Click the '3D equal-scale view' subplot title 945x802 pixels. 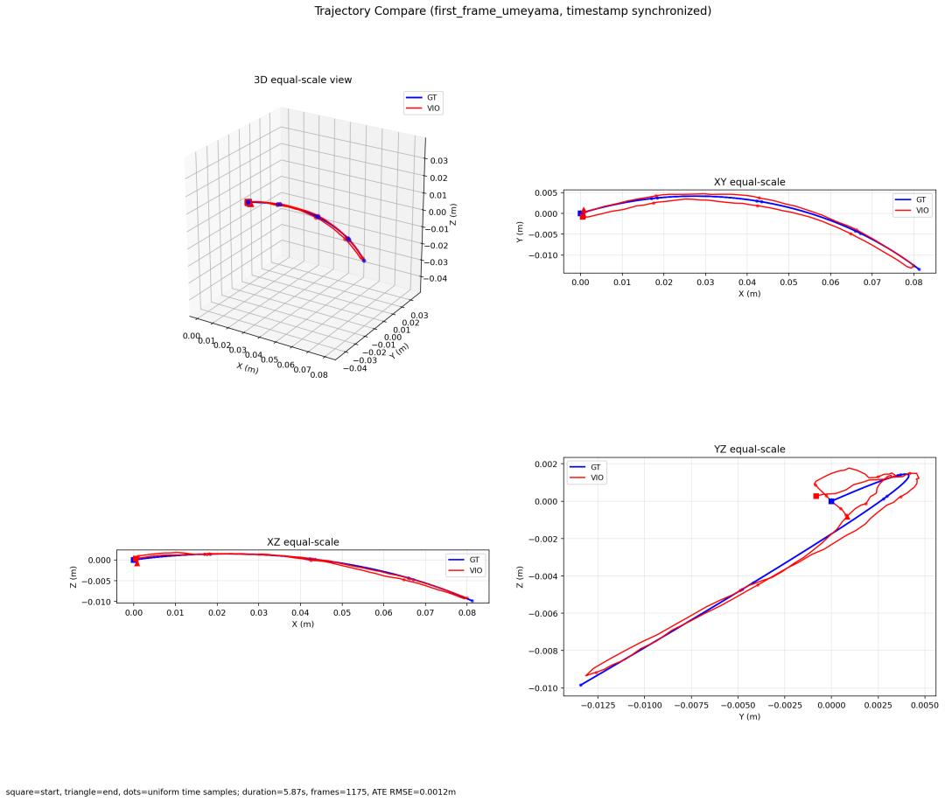pyautogui.click(x=303, y=80)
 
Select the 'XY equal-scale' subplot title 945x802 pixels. pyautogui.click(x=749, y=182)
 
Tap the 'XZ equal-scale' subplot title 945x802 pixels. pyautogui.click(x=303, y=541)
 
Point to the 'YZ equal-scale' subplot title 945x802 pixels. pyautogui.click(x=749, y=449)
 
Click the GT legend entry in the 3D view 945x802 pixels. pyautogui.click(x=423, y=98)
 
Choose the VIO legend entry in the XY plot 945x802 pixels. pyautogui.click(x=913, y=210)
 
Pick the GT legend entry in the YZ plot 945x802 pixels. pyautogui.click(x=585, y=467)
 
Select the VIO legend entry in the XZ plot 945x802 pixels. pyautogui.click(x=465, y=570)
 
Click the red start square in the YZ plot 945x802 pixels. pyautogui.click(x=816, y=496)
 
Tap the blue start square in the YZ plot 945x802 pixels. pyautogui.click(x=831, y=501)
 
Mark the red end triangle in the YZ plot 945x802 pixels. pyautogui.click(x=847, y=516)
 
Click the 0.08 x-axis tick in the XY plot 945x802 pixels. pyautogui.click(x=913, y=282)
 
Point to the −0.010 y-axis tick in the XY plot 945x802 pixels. pyautogui.click(x=544, y=255)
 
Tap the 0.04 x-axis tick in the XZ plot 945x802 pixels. pyautogui.click(x=300, y=613)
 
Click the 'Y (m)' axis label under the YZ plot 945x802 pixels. pyautogui.click(x=749, y=716)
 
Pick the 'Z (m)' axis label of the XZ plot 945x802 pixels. pyautogui.click(x=73, y=576)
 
